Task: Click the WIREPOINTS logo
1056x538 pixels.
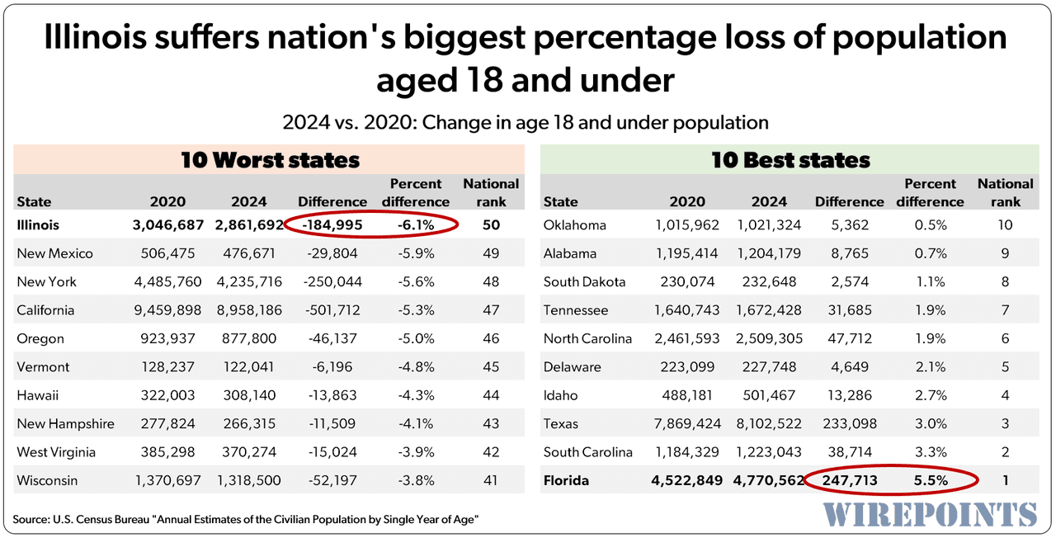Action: point(930,513)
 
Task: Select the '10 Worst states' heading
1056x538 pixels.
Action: point(270,160)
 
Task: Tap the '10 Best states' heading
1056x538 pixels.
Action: point(790,160)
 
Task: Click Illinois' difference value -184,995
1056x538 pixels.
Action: point(332,225)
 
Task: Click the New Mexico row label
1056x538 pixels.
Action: point(55,253)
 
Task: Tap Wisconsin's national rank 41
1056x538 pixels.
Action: point(490,480)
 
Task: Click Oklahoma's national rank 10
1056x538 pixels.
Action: point(1005,225)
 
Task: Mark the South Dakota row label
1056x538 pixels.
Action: point(584,282)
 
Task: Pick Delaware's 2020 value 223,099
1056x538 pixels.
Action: point(686,367)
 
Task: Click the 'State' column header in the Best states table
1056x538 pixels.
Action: point(561,202)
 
